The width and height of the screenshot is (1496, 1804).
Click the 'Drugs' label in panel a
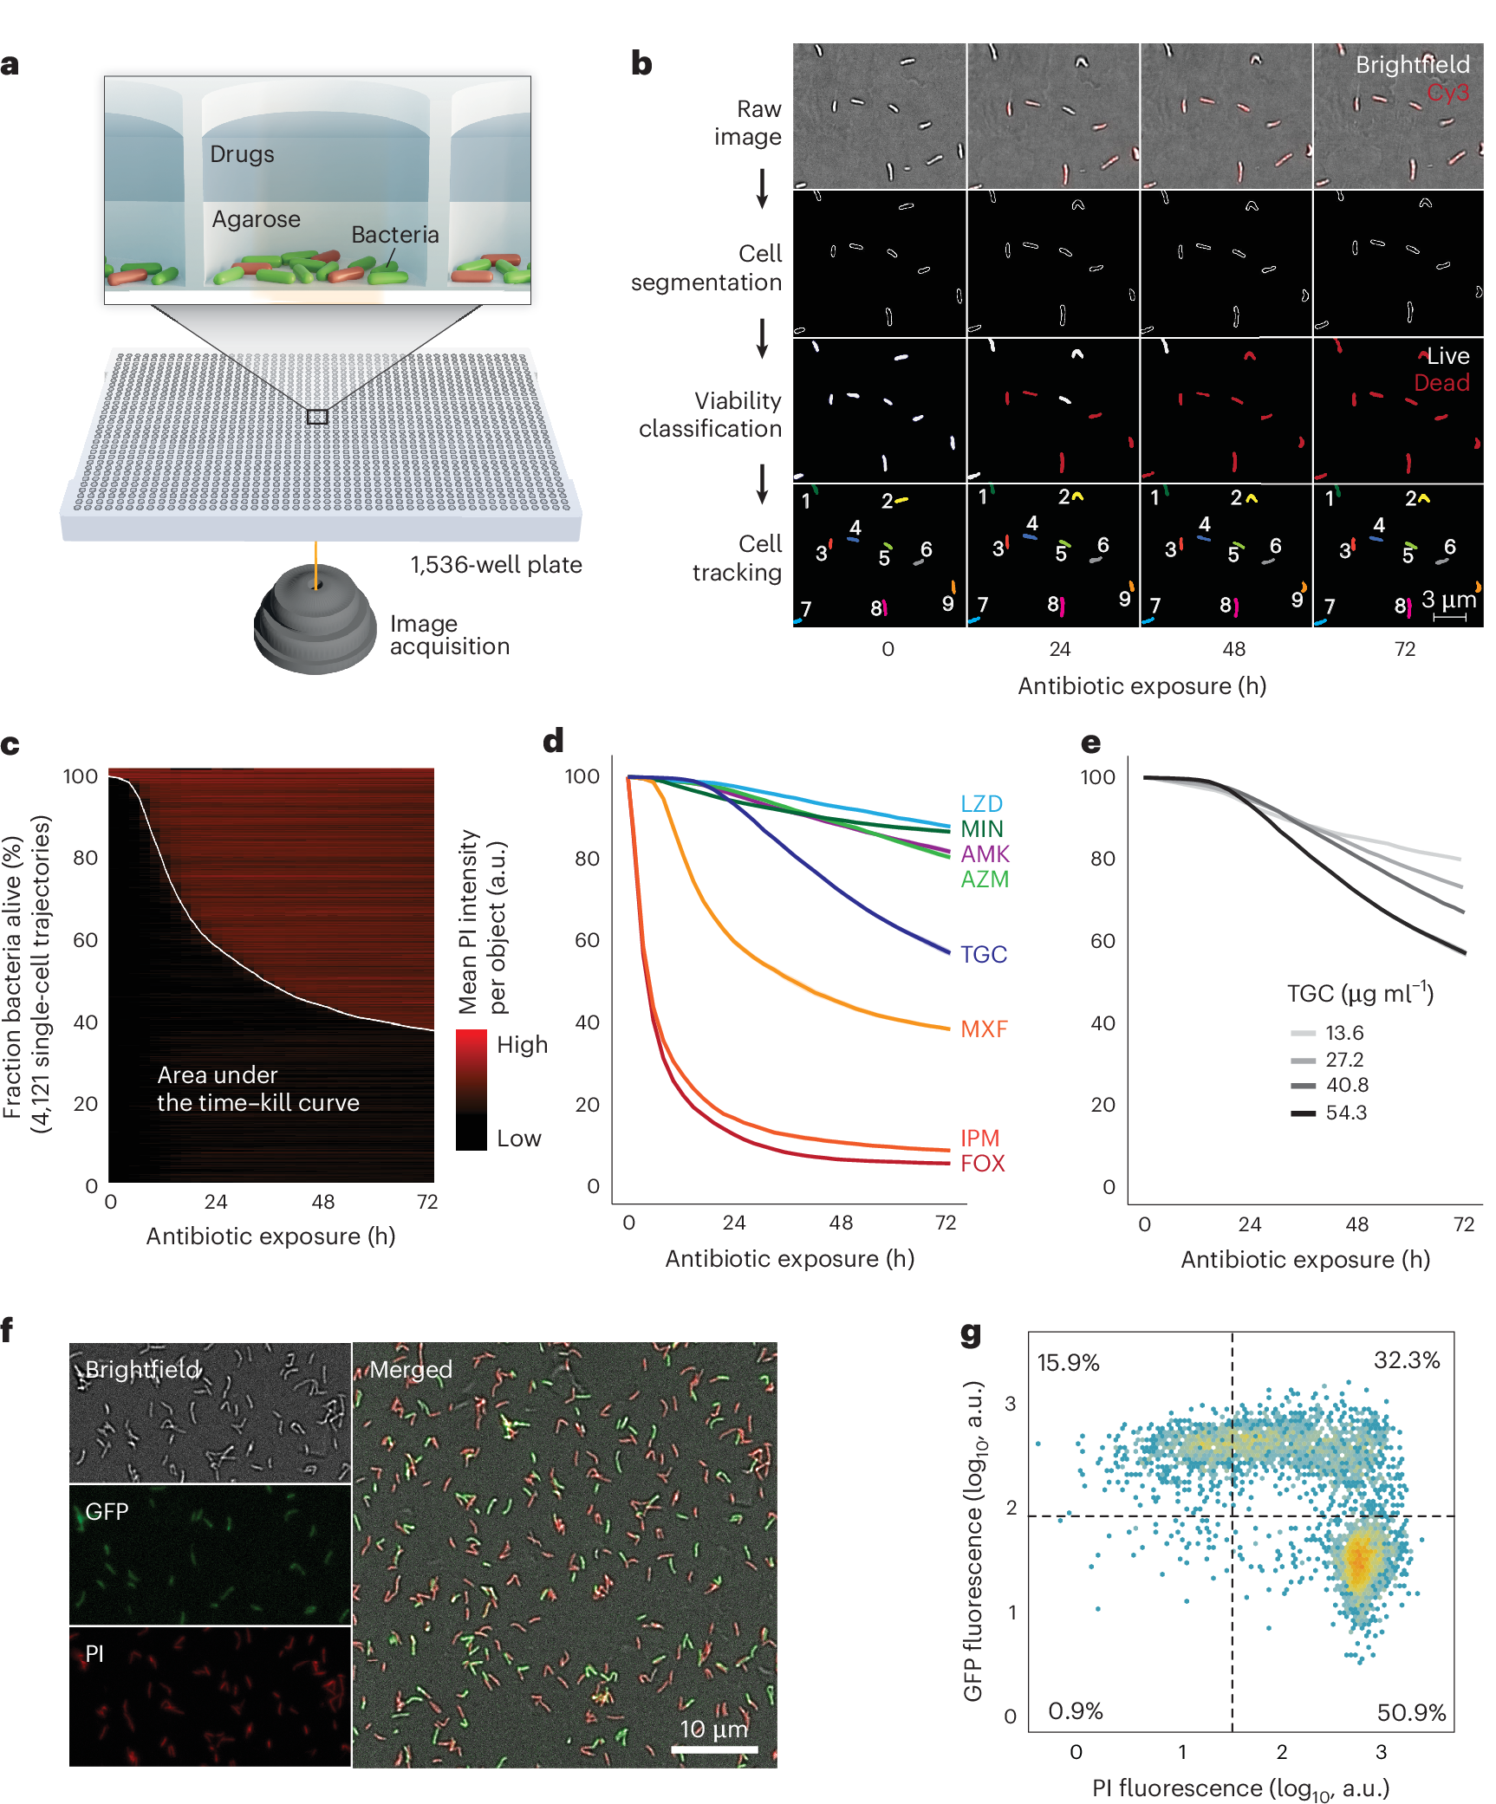coord(242,154)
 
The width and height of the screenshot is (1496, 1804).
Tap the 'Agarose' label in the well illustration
coord(256,219)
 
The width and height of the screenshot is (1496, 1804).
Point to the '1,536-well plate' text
coord(496,565)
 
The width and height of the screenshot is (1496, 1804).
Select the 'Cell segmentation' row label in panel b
coord(706,268)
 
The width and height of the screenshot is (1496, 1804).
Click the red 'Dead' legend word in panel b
coord(1441,383)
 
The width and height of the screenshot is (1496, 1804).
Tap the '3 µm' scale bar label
coord(1447,600)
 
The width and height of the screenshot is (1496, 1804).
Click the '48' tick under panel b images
coord(1233,649)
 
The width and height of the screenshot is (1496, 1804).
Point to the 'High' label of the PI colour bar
coord(522,1045)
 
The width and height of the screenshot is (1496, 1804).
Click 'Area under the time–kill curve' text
coord(257,1089)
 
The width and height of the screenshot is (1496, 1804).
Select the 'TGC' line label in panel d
coord(983,955)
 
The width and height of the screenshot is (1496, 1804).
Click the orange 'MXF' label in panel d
coord(984,1029)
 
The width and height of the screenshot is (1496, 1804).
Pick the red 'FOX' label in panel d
coord(982,1164)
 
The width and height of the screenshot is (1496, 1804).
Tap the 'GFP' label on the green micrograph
coord(107,1512)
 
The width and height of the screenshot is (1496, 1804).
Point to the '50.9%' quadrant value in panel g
coord(1410,1713)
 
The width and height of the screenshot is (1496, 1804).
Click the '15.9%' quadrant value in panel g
coord(1068,1363)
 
